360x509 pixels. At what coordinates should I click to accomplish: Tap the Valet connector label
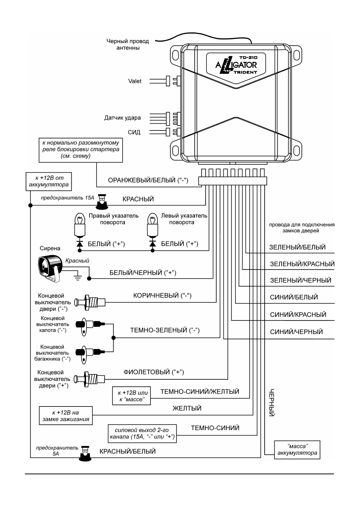tap(135, 81)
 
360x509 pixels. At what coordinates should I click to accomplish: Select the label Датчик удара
tap(122, 118)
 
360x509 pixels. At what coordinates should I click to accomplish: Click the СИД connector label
tap(134, 132)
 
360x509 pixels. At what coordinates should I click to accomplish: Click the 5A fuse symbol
tap(85, 454)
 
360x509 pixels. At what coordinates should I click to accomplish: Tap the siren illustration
tap(50, 268)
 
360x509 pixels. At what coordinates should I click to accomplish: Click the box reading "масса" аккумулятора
tap(297, 450)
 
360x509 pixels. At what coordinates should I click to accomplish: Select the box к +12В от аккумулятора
tap(49, 181)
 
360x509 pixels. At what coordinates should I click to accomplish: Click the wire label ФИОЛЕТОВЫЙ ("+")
tap(154, 372)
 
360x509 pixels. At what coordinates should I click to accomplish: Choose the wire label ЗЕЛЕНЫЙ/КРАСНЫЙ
tap(302, 264)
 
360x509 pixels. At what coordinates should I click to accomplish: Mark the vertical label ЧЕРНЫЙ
tap(272, 402)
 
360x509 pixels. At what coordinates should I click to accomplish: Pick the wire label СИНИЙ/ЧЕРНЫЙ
tap(296, 332)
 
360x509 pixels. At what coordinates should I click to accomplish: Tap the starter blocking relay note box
tap(81, 150)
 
